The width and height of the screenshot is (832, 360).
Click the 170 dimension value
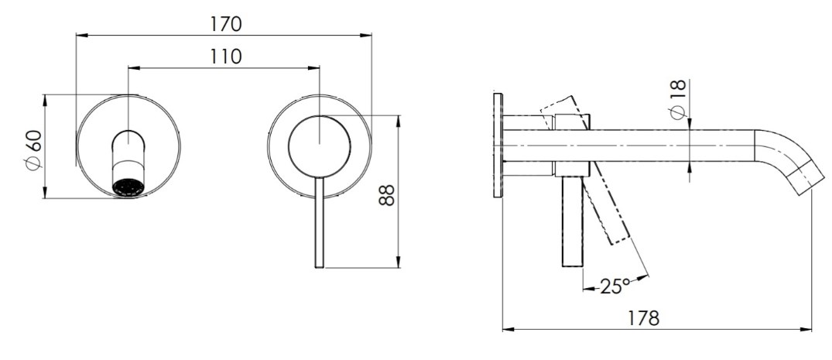click(x=226, y=24)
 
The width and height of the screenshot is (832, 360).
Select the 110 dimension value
click(x=226, y=57)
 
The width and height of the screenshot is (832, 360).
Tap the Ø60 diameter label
click(x=33, y=150)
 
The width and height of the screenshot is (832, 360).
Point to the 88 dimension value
click(x=387, y=195)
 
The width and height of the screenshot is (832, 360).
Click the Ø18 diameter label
click(x=677, y=100)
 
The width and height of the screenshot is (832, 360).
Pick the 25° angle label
click(x=615, y=286)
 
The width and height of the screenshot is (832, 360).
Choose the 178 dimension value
click(x=643, y=318)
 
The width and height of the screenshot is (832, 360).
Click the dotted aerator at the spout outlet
click(x=128, y=188)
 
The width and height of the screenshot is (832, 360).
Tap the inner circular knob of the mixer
click(x=320, y=146)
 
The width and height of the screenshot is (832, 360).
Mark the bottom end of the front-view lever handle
click(x=320, y=267)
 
